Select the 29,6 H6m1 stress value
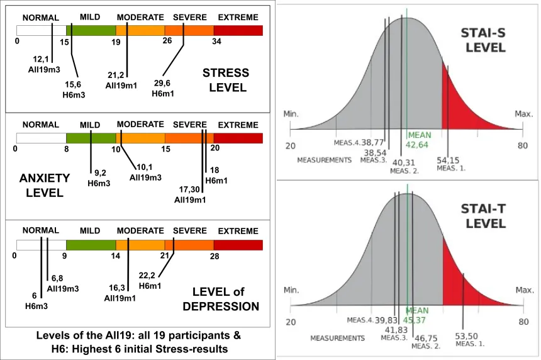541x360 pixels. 163,82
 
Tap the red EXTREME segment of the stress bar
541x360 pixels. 238,30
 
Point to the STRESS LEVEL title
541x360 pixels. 226,80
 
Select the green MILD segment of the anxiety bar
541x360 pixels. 91,138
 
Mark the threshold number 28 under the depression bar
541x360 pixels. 214,256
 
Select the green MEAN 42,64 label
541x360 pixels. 418,140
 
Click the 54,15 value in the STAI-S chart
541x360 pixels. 449,160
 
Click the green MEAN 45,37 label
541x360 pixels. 417,315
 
